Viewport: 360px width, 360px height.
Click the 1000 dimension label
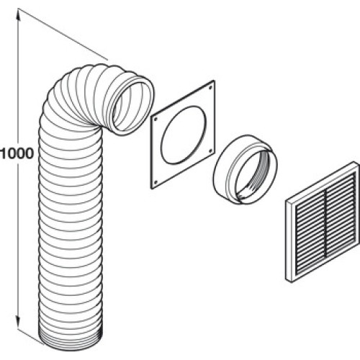(17, 153)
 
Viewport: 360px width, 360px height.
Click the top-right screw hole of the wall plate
(210, 88)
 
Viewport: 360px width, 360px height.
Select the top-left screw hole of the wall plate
(156, 119)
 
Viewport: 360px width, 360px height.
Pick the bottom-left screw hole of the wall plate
(156, 183)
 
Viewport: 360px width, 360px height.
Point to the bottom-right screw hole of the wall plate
(210, 150)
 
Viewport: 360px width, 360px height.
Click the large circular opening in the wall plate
(184, 135)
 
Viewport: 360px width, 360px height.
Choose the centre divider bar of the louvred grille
(325, 223)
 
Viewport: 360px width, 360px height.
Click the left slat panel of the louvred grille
(310, 230)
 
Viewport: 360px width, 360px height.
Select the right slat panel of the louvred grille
(341, 213)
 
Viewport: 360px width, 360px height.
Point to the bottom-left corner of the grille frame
(286, 279)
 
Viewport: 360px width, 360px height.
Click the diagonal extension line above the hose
(63, 34)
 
